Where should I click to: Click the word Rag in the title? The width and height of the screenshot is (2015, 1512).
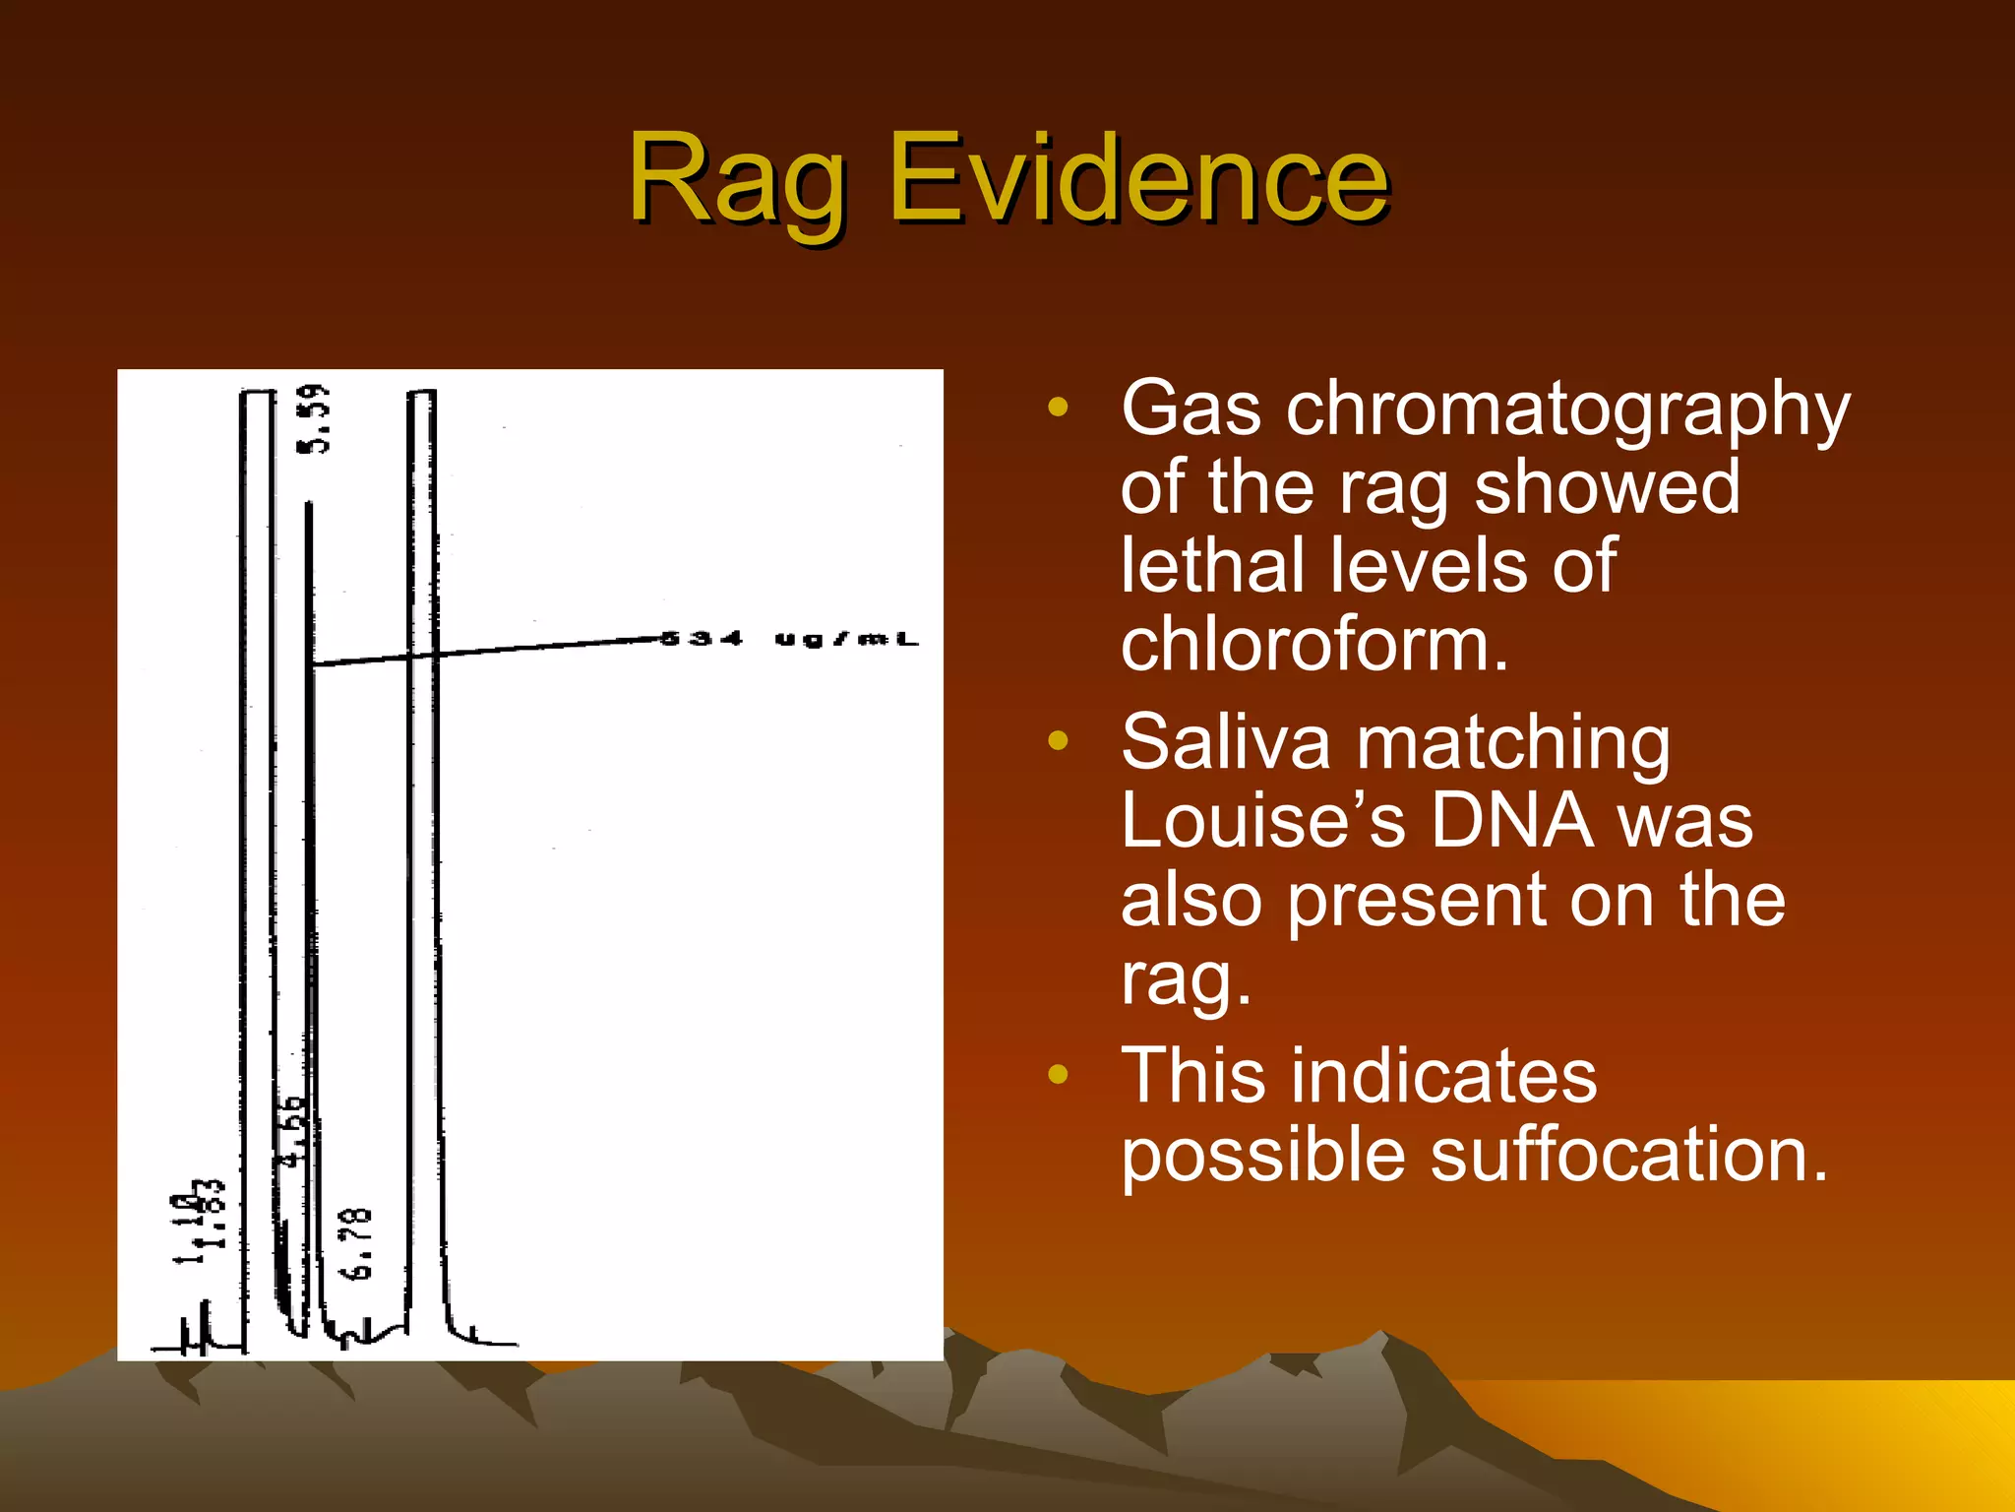click(x=738, y=182)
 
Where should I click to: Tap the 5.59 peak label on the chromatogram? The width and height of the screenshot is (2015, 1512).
click(x=315, y=419)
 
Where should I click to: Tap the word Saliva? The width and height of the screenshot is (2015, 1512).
click(x=1226, y=742)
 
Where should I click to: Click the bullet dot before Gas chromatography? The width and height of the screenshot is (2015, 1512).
click(x=1058, y=408)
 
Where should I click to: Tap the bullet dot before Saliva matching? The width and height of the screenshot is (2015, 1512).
click(x=1058, y=740)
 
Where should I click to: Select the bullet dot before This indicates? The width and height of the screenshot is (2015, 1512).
click(x=1058, y=1074)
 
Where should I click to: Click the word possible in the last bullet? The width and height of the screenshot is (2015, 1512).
click(x=1263, y=1156)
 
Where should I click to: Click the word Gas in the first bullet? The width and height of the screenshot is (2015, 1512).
click(x=1191, y=409)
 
